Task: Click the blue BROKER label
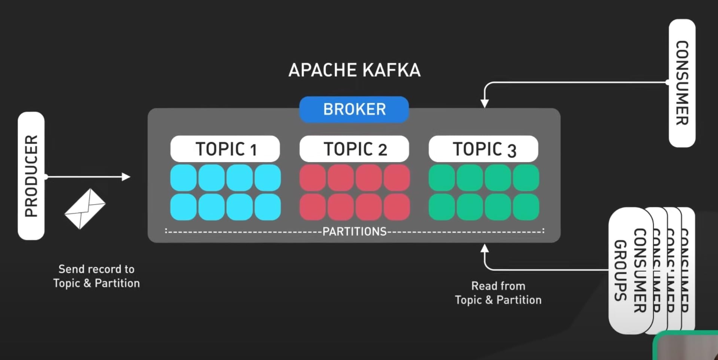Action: click(x=354, y=109)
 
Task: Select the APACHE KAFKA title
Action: click(x=354, y=70)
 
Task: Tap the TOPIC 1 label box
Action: click(x=225, y=149)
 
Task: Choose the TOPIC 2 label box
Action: click(x=354, y=149)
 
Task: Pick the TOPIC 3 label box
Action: click(x=483, y=149)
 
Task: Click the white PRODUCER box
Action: click(x=31, y=176)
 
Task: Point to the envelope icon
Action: click(x=85, y=208)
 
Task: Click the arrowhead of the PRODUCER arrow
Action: click(x=126, y=177)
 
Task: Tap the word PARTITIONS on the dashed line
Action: click(x=354, y=232)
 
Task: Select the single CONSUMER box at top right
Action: click(x=682, y=83)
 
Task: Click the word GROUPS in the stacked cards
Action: click(x=620, y=270)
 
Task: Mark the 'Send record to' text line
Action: click(x=96, y=269)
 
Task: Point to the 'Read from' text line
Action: click(x=498, y=286)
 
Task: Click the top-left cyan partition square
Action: click(x=183, y=178)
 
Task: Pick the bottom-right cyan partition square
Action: click(x=268, y=207)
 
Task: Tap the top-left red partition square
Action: click(x=313, y=178)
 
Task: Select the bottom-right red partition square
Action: click(x=397, y=207)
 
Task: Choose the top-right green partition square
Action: click(x=526, y=178)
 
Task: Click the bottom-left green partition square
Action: click(x=442, y=207)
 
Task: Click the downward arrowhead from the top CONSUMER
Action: click(x=484, y=103)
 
